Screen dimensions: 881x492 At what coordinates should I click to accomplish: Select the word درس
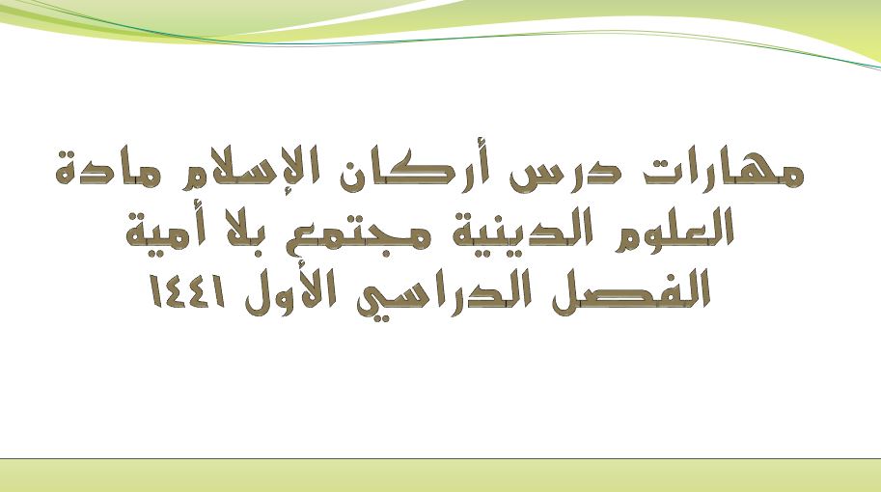[565, 173]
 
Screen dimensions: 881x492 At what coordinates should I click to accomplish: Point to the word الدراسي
[444, 293]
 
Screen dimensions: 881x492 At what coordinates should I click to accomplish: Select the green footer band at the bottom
[440, 476]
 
